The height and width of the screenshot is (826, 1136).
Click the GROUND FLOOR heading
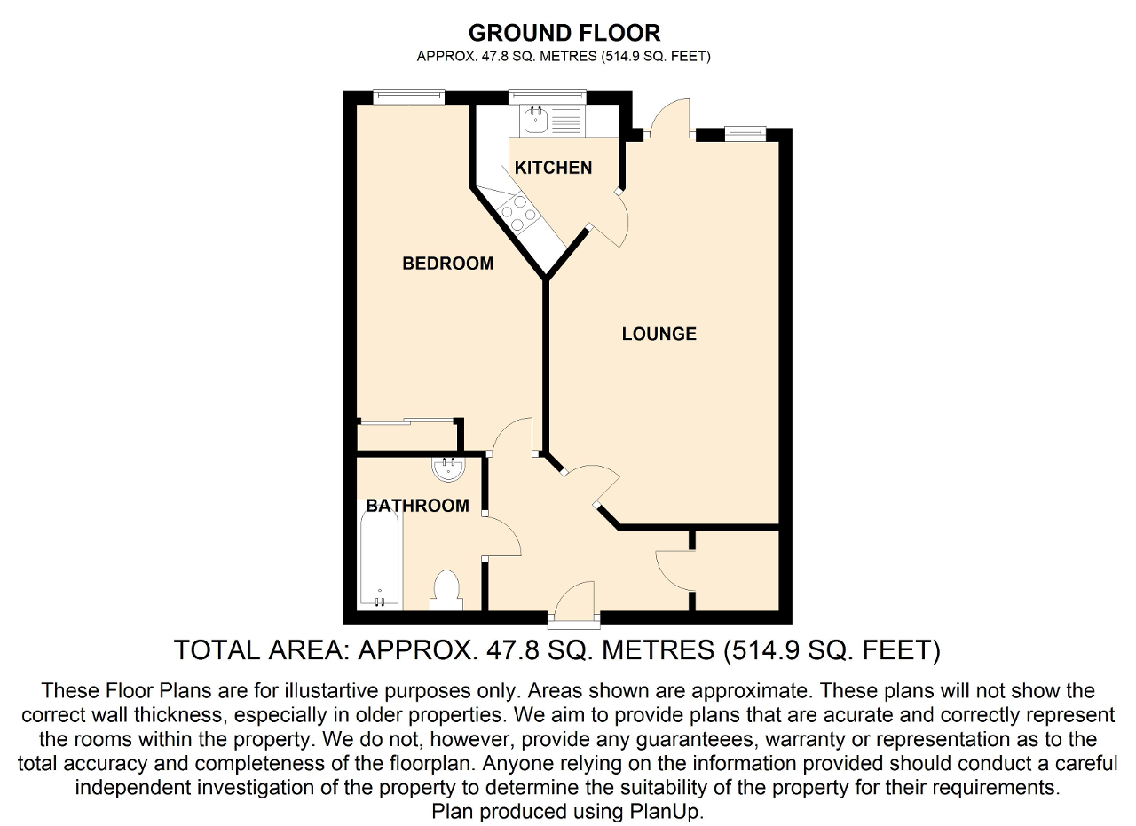(564, 34)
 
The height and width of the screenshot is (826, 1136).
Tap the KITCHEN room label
(553, 168)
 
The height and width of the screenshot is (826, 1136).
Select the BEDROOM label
(448, 264)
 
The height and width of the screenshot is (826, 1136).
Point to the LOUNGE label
(659, 334)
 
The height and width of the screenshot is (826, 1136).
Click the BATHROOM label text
(417, 506)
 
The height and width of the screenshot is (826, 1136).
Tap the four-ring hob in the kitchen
(519, 214)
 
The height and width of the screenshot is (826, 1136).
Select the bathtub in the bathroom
(379, 555)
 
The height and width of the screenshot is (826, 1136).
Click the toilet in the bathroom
(446, 591)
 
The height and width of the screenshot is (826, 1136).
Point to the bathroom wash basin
(448, 469)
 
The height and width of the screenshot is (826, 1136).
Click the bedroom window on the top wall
(409, 97)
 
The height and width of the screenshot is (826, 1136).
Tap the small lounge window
(745, 134)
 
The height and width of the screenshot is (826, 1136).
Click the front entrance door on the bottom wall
(574, 603)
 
